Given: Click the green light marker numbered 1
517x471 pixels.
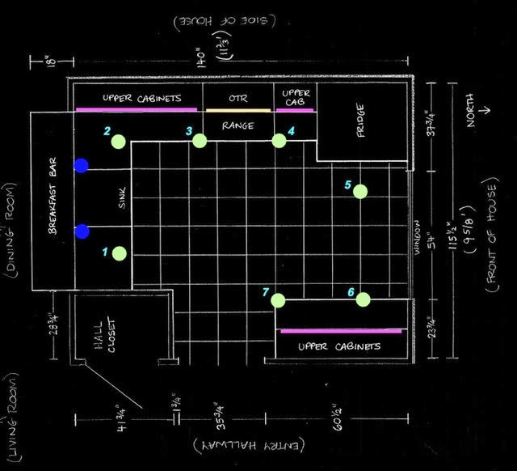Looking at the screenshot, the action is pyautogui.click(x=120, y=253).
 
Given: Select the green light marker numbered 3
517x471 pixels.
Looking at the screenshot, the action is pyautogui.click(x=200, y=141).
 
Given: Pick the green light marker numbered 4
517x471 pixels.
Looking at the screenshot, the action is pyautogui.click(x=279, y=141).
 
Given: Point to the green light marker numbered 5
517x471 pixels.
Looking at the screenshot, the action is pyautogui.click(x=360, y=191).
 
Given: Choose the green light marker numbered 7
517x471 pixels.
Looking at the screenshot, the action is pyautogui.click(x=279, y=300).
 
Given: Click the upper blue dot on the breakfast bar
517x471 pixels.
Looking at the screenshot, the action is pyautogui.click(x=81, y=166).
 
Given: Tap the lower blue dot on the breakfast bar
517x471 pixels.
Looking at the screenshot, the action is pyautogui.click(x=81, y=233).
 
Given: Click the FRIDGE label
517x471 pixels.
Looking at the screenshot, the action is pyautogui.click(x=362, y=121).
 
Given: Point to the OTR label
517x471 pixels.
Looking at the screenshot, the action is pyautogui.click(x=237, y=99).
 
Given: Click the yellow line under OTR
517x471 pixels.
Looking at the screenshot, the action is pyautogui.click(x=237, y=110).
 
